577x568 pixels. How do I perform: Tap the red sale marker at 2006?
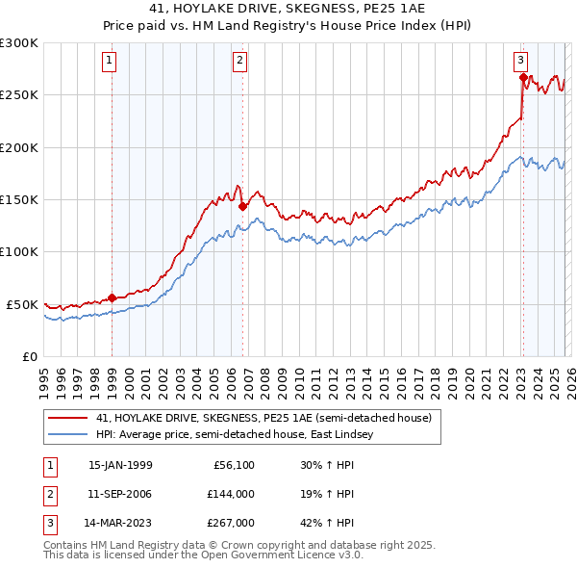(242, 205)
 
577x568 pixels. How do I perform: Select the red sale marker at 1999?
(113, 297)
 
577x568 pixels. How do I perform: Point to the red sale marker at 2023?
(522, 77)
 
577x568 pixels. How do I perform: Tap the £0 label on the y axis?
(29, 356)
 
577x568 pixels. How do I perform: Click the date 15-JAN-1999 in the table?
(120, 465)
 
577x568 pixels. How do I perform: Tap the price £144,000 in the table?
(233, 494)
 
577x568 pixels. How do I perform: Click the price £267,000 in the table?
(233, 523)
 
